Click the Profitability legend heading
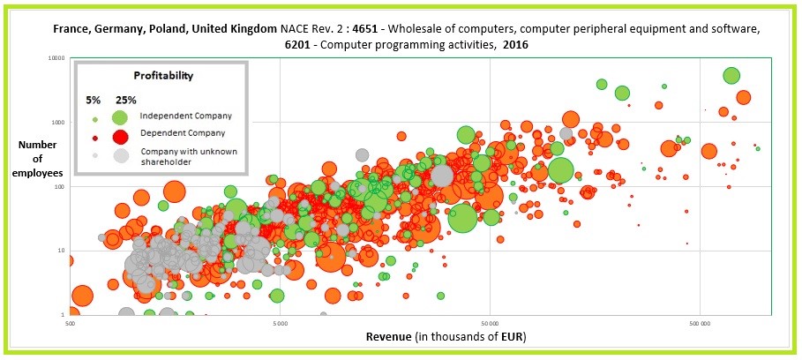[x=163, y=76]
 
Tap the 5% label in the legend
[x=94, y=100]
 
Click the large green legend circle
[x=120, y=116]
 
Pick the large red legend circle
[x=120, y=134]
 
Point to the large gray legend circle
[x=120, y=156]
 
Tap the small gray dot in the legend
[x=94, y=156]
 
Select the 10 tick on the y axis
[x=62, y=251]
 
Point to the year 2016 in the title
[x=520, y=44]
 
